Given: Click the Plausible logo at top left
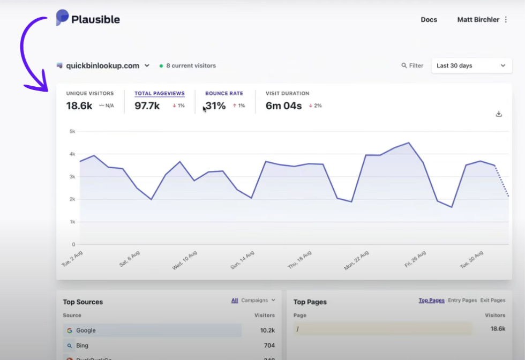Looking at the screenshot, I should click(88, 19).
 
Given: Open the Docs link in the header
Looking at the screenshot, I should click(429, 20).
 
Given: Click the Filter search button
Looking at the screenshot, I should click(412, 66).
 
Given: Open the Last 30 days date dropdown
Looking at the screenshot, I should click(470, 66).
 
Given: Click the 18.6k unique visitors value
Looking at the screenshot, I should click(79, 106).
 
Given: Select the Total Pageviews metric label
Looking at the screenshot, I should click(159, 93).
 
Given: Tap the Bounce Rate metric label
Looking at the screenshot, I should click(224, 93).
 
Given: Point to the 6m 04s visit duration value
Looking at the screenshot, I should click(284, 106).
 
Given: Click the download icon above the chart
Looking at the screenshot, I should click(499, 114).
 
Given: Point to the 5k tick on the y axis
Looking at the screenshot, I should click(72, 131).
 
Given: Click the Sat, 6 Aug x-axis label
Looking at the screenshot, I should click(130, 258).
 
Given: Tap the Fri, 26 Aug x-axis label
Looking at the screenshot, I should click(416, 259).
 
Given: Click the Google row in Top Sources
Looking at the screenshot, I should click(152, 331).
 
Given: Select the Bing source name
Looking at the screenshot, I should click(82, 346).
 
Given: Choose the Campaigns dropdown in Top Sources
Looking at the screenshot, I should click(258, 301).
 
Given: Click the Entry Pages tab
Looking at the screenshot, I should click(462, 301).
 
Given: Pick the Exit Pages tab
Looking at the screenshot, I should click(492, 301).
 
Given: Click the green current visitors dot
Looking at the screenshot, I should click(161, 66).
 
